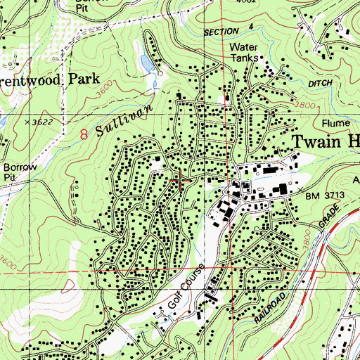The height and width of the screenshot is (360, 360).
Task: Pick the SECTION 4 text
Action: point(228,31)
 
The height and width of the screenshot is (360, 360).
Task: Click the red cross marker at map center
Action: point(180,181)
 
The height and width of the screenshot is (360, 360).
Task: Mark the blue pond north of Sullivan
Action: point(146,64)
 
